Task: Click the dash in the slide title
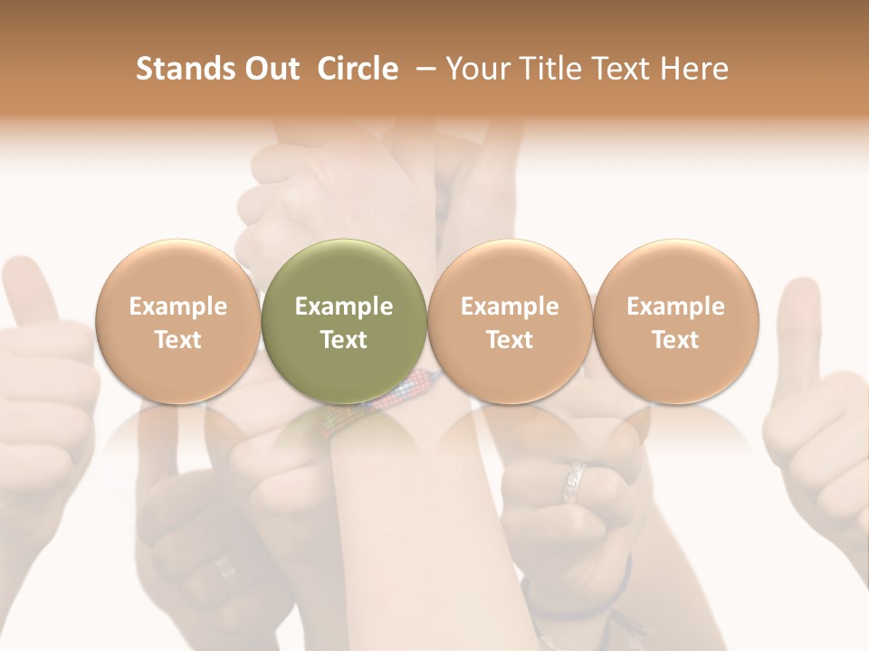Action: pyautogui.click(x=423, y=69)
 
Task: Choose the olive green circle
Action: pyautogui.click(x=343, y=321)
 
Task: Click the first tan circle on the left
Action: pyautogui.click(x=177, y=321)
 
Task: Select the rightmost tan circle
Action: pyautogui.click(x=675, y=321)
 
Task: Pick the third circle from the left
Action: pyautogui.click(x=510, y=321)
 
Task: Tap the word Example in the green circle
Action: pyautogui.click(x=344, y=307)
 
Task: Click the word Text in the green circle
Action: pyautogui.click(x=344, y=340)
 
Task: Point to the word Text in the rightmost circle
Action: pyautogui.click(x=675, y=340)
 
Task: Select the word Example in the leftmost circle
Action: pyautogui.click(x=178, y=307)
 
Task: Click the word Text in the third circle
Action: pyautogui.click(x=510, y=340)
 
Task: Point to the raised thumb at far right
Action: pyautogui.click(x=801, y=325)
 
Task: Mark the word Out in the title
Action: pyautogui.click(x=270, y=69)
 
